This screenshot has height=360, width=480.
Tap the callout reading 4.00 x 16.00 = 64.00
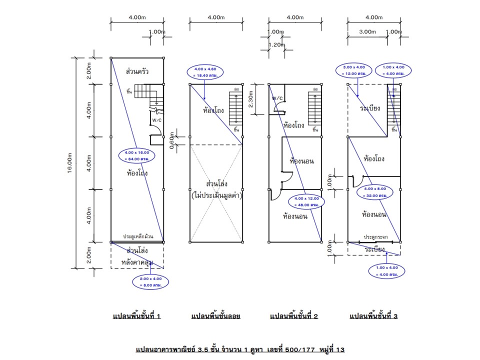tap(136, 155)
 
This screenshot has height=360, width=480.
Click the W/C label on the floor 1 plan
tap(157, 120)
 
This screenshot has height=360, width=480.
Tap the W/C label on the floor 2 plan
tap(278, 98)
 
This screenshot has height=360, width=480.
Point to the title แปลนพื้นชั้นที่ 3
tap(373, 316)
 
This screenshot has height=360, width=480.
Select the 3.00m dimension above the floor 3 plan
tap(367, 31)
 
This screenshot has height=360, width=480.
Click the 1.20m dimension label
tap(276, 45)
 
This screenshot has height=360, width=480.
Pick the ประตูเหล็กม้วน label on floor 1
tap(138, 236)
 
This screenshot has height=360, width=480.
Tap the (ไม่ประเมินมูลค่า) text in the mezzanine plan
tap(216, 196)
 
